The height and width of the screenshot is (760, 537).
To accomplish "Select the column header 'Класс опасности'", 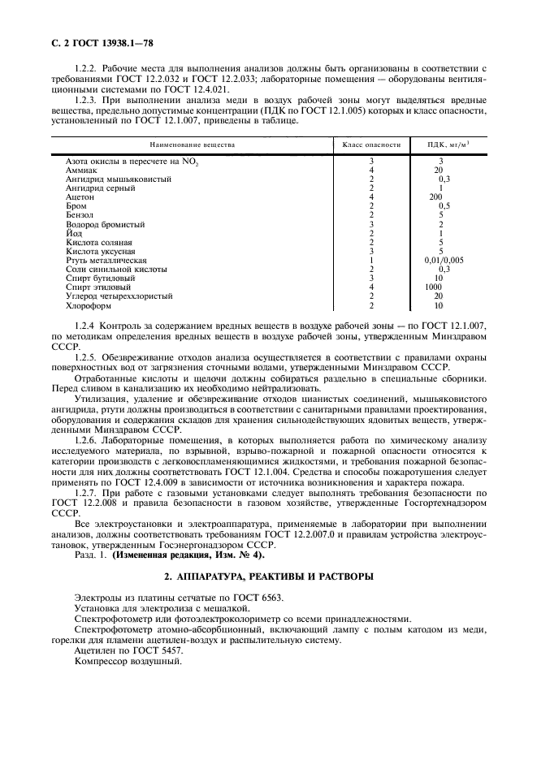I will (371, 144).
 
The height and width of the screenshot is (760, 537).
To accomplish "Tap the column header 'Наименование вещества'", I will (191, 144).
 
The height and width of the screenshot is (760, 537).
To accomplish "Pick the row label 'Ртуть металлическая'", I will (101, 260).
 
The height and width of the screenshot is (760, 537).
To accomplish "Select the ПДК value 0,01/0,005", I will (444, 260).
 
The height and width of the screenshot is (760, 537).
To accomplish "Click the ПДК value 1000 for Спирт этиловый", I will (436, 287).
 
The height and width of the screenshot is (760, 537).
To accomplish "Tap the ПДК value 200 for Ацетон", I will (436, 196).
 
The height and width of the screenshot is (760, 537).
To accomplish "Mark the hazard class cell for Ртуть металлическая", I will (370, 260).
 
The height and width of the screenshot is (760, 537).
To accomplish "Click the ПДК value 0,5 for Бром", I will (444, 205).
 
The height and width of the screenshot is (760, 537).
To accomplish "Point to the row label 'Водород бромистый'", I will (98, 223).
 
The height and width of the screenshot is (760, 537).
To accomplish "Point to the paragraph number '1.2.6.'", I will (84, 438).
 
